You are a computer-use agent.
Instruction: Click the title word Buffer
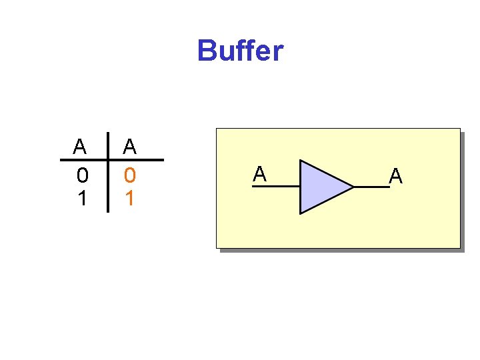[240, 51]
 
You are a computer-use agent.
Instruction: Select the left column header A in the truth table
[80, 146]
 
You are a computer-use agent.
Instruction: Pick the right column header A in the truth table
[130, 146]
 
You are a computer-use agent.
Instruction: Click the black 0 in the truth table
[81, 175]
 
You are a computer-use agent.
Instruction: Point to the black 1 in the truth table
[81, 199]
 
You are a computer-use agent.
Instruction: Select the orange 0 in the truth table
[130, 175]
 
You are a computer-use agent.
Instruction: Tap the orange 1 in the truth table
[130, 199]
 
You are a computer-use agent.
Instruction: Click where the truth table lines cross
[108, 160]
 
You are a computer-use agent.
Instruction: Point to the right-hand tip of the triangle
[353, 187]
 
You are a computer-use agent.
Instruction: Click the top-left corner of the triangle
[301, 161]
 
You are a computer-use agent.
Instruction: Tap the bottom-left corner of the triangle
[301, 213]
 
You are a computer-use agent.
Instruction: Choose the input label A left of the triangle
[259, 175]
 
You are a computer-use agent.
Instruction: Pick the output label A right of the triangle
[396, 176]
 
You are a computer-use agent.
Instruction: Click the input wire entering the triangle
[276, 187]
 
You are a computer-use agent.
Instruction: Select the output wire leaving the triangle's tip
[371, 187]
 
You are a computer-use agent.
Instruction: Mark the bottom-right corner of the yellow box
[459, 247]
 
